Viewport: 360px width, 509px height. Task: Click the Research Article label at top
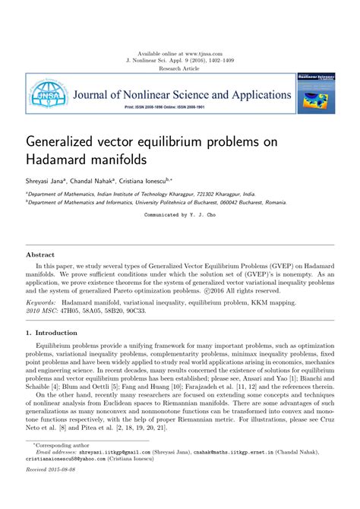coord(179,68)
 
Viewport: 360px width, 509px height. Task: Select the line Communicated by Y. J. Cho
coord(180,216)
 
